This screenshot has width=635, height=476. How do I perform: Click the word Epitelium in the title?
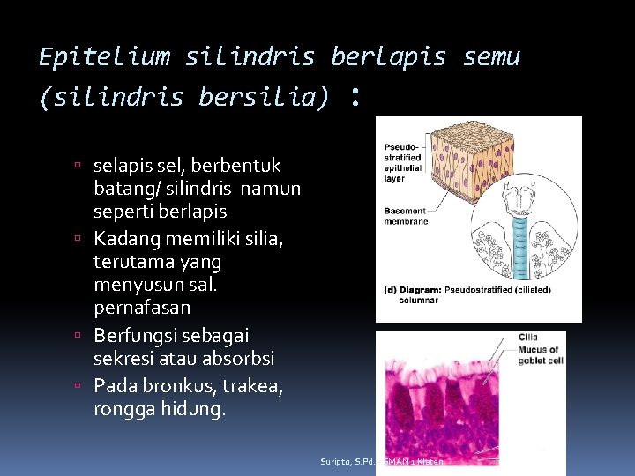point(104,57)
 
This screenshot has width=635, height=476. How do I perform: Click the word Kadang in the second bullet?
point(125,239)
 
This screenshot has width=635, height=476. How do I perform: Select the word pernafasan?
point(142,309)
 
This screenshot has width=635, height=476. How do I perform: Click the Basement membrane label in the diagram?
point(406,216)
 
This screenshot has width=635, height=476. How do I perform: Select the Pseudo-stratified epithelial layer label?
point(404,163)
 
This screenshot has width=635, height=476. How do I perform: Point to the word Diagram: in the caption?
point(427,288)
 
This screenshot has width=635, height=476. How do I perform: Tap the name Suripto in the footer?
point(335,461)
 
